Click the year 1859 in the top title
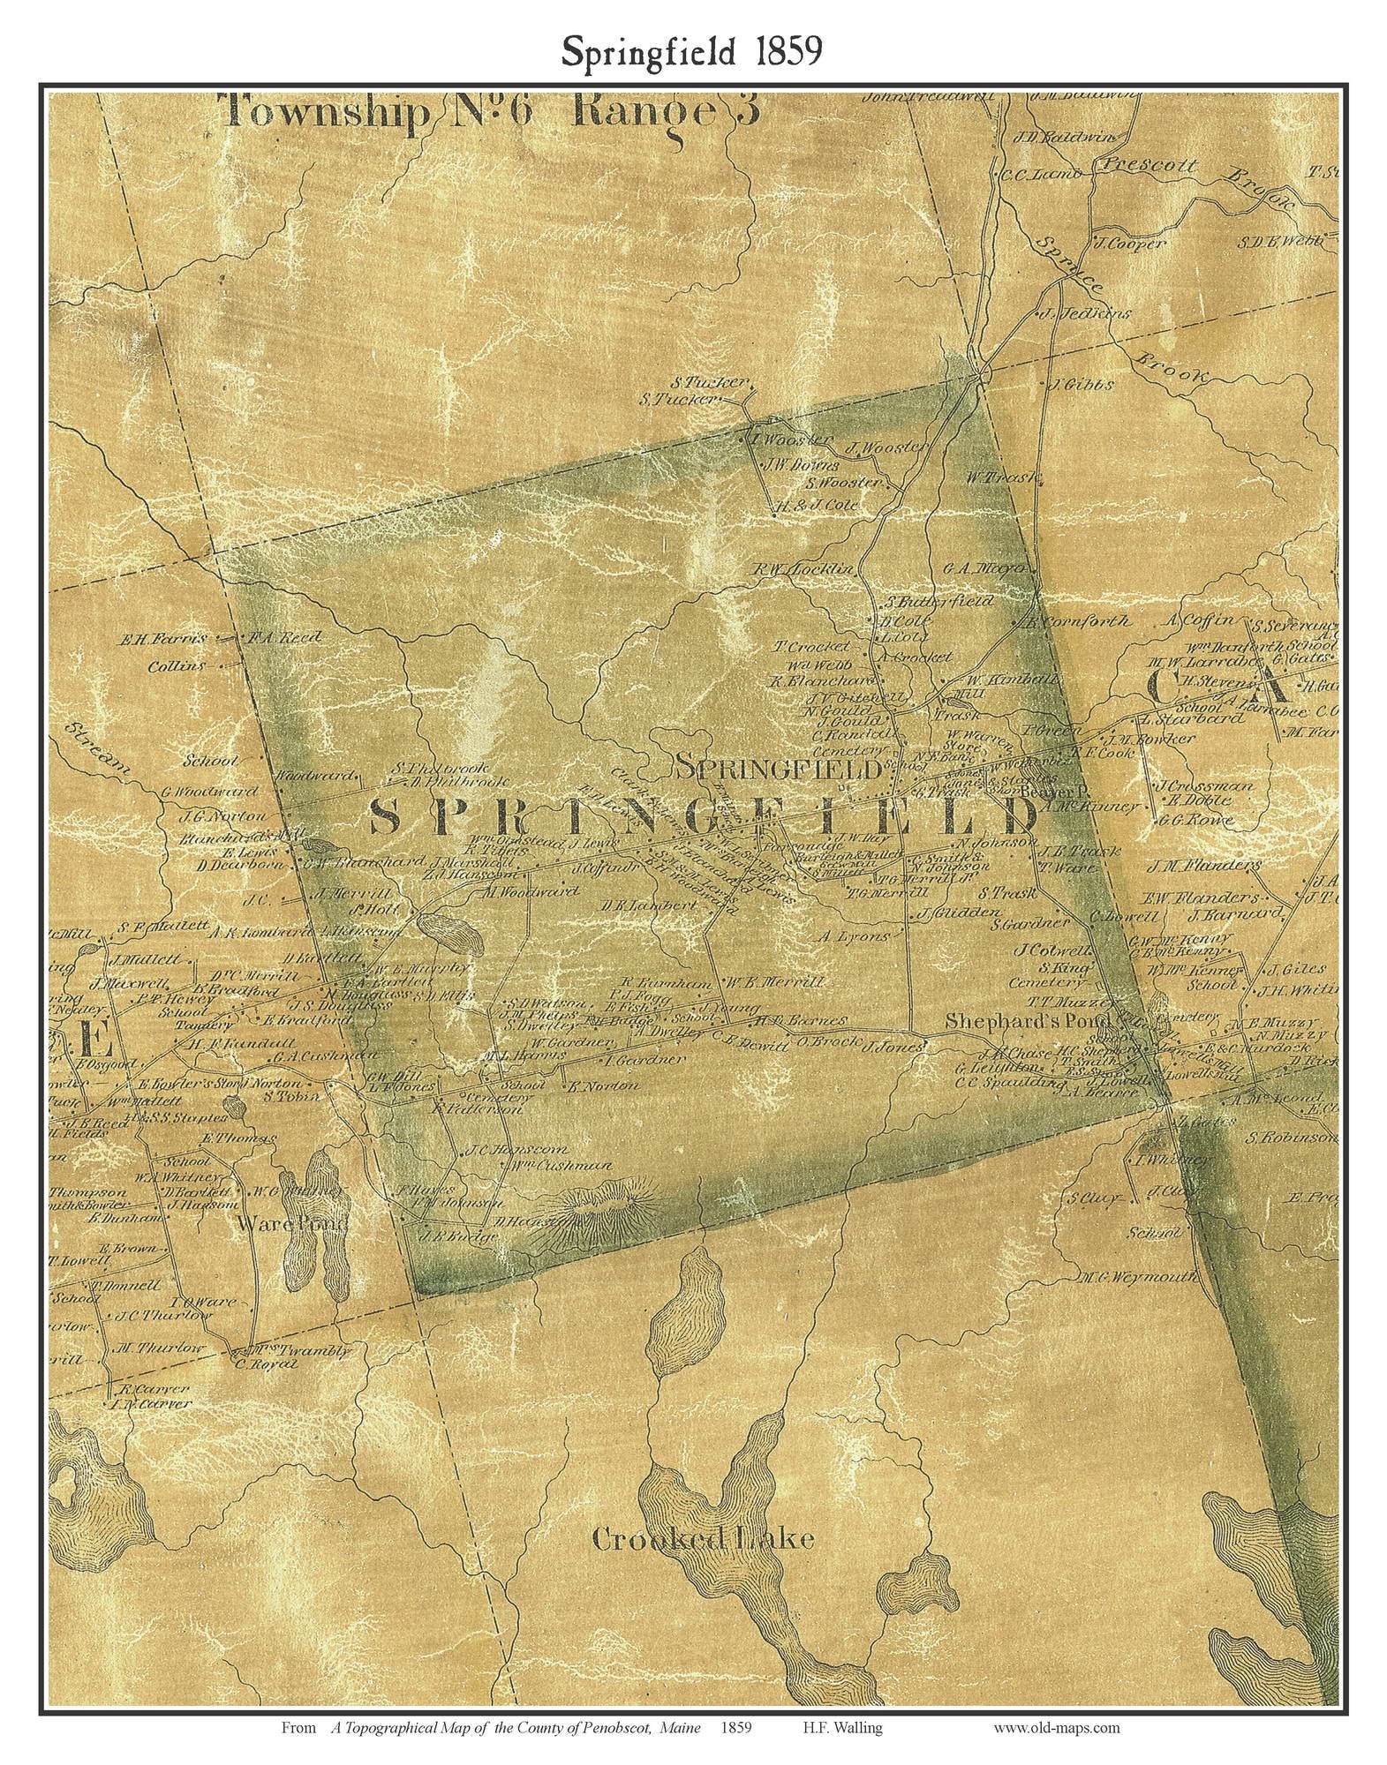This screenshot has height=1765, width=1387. point(788,53)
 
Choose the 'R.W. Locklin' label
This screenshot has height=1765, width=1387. point(802,569)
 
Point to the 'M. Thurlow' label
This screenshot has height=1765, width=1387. point(160,1348)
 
